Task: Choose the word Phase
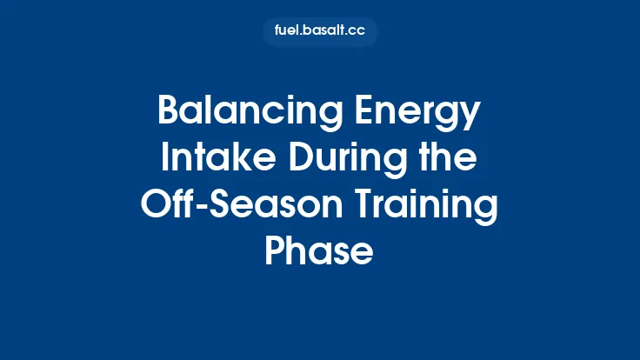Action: [319, 253]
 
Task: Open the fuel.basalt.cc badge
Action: [320, 32]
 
